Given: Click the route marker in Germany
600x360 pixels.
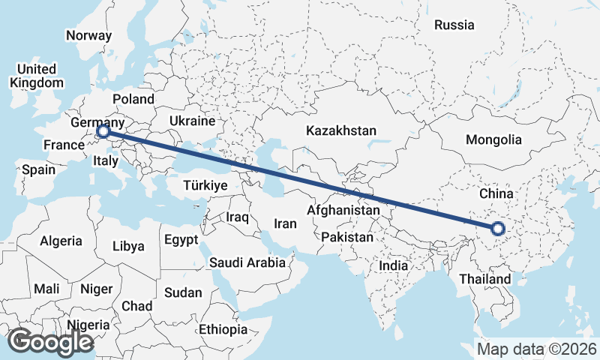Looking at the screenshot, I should [103, 133].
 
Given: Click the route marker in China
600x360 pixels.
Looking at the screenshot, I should [496, 228].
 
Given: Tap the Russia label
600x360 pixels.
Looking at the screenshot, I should [454, 25].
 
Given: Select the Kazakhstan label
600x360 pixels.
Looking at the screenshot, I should [341, 130].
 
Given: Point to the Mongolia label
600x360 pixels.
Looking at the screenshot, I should [493, 139].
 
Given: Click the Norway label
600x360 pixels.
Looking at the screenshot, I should [88, 35].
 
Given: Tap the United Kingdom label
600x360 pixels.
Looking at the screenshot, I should [37, 76].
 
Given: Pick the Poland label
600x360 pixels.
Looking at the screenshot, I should [133, 99].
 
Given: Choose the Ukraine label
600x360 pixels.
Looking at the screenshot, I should [193, 121].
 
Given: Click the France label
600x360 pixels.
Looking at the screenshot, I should [61, 145].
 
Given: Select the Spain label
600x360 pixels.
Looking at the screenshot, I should [38, 170].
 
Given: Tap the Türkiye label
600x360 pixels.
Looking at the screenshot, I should [205, 185].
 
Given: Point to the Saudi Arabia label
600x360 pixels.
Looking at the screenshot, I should [247, 262].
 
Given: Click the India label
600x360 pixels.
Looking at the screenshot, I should [393, 265].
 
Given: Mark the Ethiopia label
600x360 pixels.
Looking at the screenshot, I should [223, 329].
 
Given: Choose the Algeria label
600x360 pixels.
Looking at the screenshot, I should [61, 241].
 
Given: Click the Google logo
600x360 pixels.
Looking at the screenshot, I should [50, 342].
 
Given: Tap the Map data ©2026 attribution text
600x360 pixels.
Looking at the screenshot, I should [537, 349].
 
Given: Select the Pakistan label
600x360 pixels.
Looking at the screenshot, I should [346, 237].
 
